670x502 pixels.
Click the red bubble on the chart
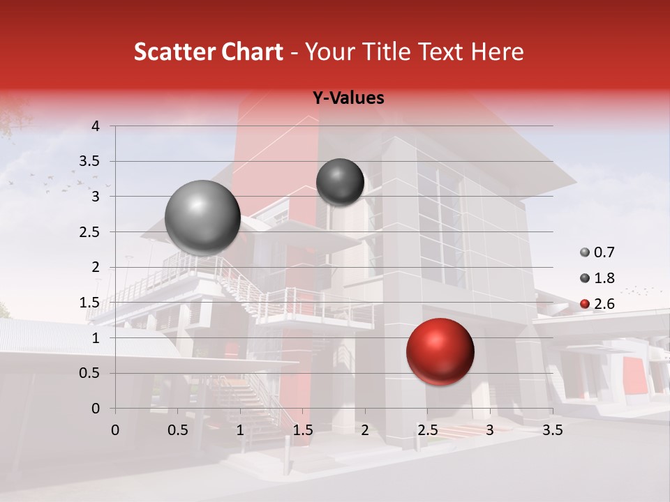(440, 351)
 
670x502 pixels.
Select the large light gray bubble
(202, 218)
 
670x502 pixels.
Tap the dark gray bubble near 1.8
(340, 182)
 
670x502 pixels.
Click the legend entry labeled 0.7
(597, 252)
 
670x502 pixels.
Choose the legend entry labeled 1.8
(597, 278)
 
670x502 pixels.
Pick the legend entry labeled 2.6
(597, 303)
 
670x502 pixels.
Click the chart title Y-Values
(348, 98)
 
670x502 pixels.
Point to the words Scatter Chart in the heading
(208, 52)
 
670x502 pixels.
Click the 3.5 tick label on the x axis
(552, 430)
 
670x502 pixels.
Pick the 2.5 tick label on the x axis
(427, 430)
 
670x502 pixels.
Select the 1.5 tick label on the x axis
(302, 430)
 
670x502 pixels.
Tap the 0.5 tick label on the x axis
(177, 430)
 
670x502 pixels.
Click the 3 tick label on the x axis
(490, 430)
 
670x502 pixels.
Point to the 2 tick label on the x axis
(365, 430)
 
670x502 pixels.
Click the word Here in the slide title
(498, 52)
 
